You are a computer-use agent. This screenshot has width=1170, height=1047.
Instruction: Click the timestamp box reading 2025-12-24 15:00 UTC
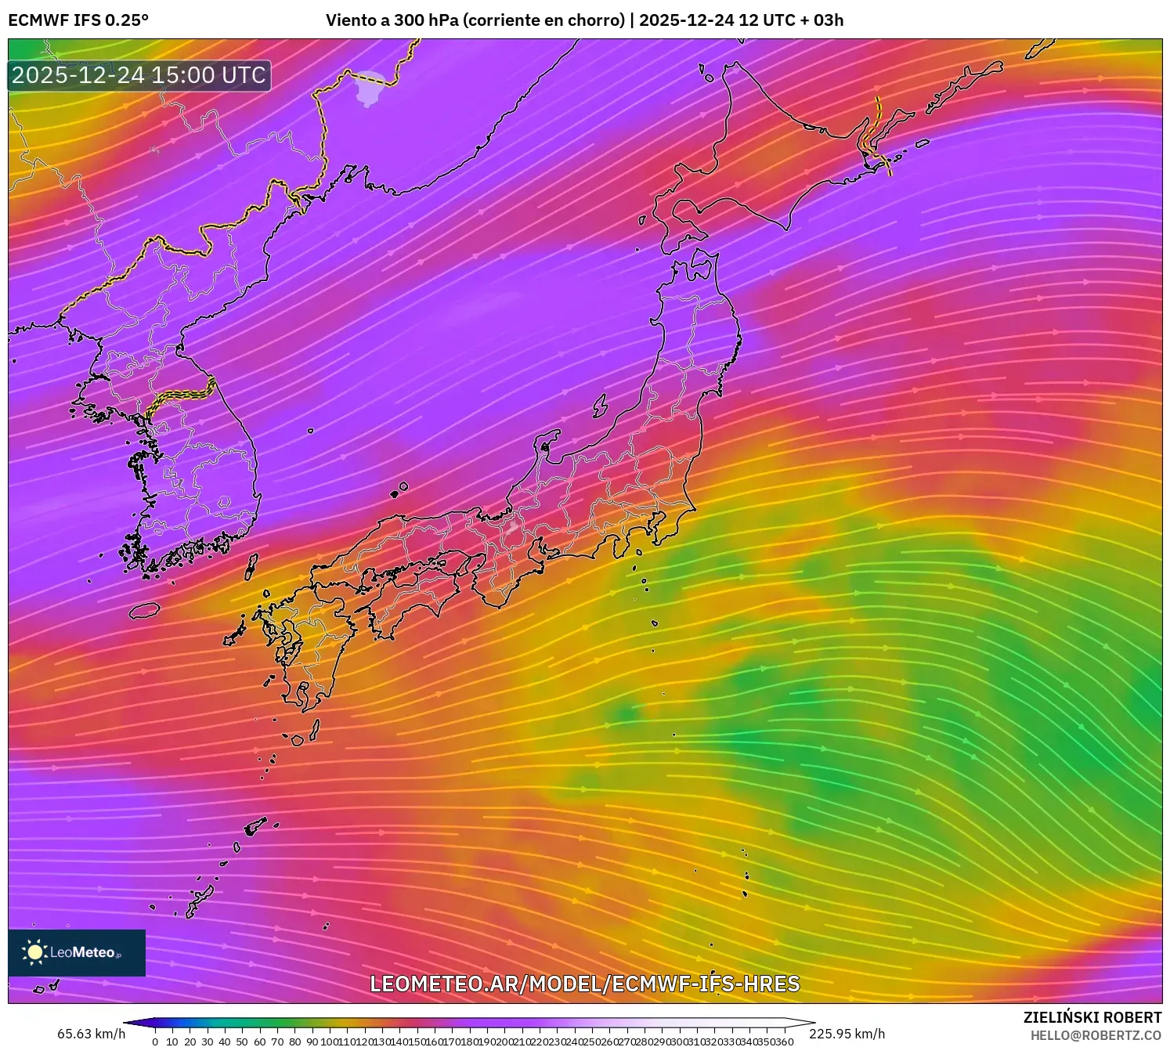tap(139, 75)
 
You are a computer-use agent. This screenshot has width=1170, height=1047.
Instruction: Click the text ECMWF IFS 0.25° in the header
tap(78, 20)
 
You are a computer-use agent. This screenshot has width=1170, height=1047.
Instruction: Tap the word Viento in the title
tap(350, 20)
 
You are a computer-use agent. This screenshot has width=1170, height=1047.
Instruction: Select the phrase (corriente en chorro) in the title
tap(544, 20)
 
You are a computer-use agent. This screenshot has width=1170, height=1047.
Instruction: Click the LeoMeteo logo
tap(76, 952)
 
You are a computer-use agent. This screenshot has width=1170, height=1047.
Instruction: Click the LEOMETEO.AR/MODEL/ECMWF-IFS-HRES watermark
tap(584, 984)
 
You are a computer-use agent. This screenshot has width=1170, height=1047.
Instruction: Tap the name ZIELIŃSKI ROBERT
tap(1092, 1017)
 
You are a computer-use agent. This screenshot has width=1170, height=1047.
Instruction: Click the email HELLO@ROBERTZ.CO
tap(1096, 1035)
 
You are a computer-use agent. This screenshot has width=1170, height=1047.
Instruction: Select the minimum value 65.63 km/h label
tap(91, 1033)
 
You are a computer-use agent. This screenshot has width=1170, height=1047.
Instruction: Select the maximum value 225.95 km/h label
tap(847, 1033)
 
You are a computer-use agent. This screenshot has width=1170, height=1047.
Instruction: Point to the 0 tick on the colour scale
tap(155, 1042)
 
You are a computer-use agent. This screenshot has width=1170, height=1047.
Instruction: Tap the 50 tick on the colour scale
tap(242, 1042)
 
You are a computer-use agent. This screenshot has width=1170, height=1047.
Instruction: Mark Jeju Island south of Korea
tap(144, 610)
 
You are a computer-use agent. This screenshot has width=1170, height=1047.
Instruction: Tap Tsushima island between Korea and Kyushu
tap(251, 566)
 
